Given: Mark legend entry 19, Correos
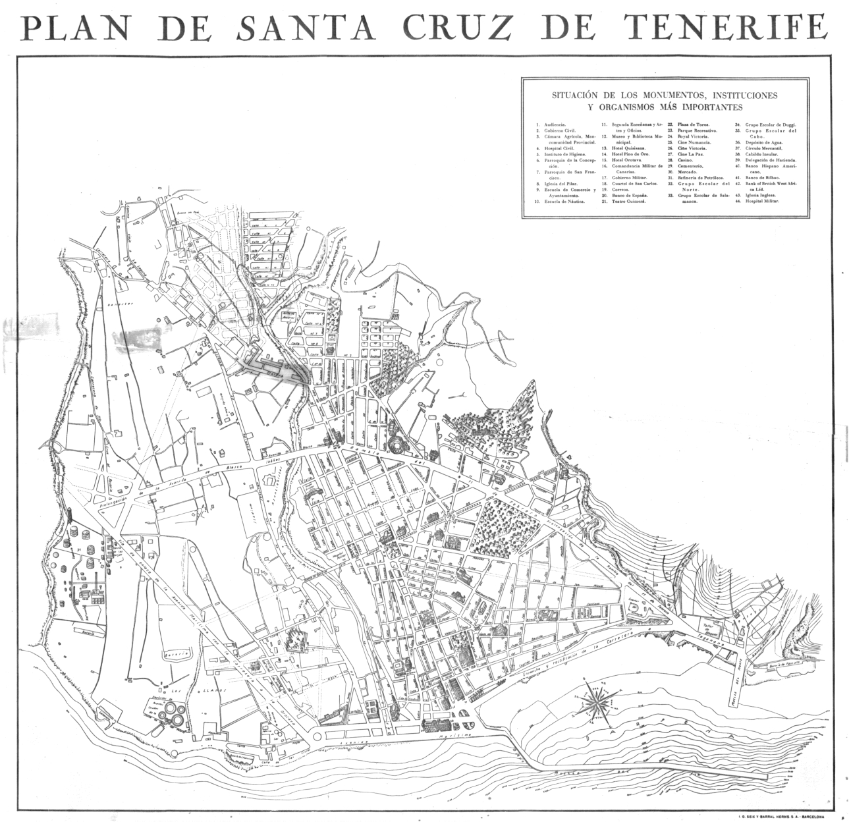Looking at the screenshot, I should (620, 190).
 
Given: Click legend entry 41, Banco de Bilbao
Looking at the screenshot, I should (761, 178).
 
